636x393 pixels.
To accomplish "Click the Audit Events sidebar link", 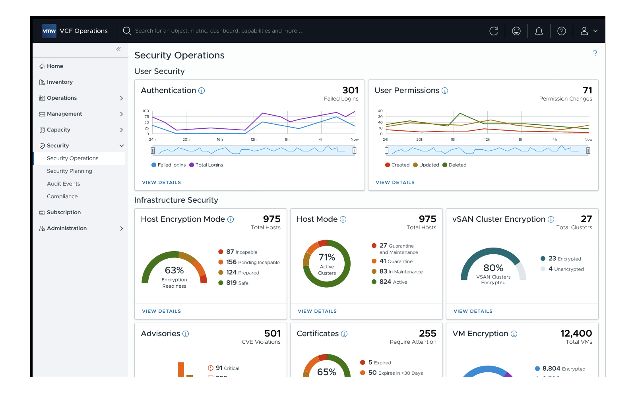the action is (x=63, y=184).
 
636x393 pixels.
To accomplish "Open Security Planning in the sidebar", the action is (x=69, y=171).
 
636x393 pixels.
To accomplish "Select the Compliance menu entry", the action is (x=62, y=196).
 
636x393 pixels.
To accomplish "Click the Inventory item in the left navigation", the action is (x=60, y=82).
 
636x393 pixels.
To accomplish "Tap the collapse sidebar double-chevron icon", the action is (x=118, y=49).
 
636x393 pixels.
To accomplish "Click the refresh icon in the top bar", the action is (x=494, y=31).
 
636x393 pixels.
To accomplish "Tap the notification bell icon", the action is (x=539, y=31).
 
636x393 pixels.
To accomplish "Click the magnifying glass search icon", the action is (x=127, y=31).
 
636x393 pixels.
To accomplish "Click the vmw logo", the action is (x=49, y=31).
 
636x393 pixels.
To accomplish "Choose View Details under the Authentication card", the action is (x=161, y=182).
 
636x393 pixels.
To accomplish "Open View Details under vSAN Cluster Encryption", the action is (x=473, y=311).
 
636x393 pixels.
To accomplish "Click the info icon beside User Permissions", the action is (x=445, y=91).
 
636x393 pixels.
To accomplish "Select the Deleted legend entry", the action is (x=454, y=165).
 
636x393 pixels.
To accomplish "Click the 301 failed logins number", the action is (x=350, y=90).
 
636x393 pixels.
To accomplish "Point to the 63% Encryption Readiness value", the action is (x=174, y=270).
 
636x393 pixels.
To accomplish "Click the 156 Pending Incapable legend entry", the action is (x=249, y=262).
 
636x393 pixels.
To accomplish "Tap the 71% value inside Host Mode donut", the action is (x=326, y=257).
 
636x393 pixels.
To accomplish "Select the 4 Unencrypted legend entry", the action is (x=562, y=269).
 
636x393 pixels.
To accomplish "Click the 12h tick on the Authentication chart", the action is (x=253, y=139).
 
